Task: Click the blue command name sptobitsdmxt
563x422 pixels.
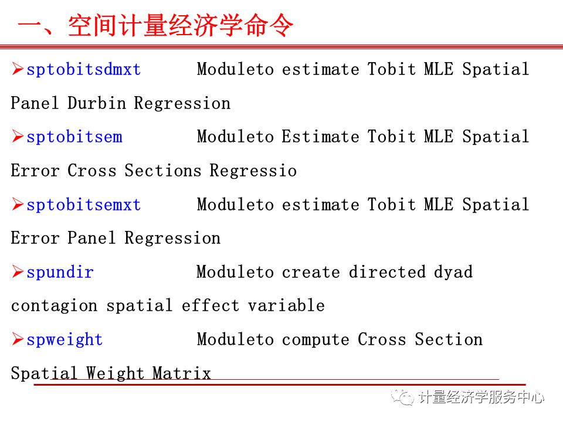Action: tap(84, 70)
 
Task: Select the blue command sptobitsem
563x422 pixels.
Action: tap(74, 137)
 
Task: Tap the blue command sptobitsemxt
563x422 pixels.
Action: tap(84, 205)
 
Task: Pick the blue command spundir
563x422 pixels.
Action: tap(60, 273)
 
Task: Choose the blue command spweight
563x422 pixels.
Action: tap(65, 340)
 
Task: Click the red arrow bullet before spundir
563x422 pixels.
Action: tap(18, 272)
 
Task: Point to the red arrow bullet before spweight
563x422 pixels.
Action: tap(18, 339)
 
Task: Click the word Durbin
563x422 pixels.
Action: tap(97, 104)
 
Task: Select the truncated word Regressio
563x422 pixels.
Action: tap(253, 171)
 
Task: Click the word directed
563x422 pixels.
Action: tap(387, 273)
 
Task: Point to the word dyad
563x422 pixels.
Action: tap(453, 273)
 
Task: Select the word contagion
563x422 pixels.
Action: tap(54, 306)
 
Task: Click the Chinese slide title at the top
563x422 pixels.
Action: tap(155, 26)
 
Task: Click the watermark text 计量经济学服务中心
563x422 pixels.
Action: tap(481, 397)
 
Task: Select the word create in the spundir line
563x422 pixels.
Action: tap(311, 273)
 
